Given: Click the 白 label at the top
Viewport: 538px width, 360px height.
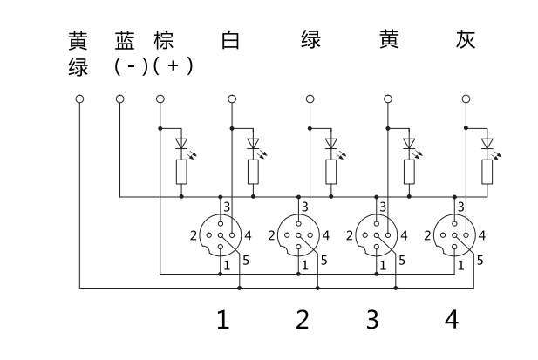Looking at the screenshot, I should click(230, 40).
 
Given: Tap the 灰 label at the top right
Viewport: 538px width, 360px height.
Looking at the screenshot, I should click(466, 40).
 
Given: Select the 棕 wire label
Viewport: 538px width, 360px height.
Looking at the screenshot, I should click(162, 40).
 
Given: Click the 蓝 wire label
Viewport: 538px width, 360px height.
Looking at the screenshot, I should click(125, 40).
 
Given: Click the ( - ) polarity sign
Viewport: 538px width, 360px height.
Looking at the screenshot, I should click(131, 66).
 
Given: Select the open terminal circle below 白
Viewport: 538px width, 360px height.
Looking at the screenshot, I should click(231, 99).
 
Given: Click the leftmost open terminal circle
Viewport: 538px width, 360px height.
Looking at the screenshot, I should click(80, 99).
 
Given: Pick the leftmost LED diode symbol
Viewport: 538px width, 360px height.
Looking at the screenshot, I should click(181, 143).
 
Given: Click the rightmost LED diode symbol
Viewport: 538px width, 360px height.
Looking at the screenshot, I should click(487, 143).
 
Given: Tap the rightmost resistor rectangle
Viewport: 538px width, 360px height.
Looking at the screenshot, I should click(487, 173).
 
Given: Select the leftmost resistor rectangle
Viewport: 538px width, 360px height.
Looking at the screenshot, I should click(181, 173).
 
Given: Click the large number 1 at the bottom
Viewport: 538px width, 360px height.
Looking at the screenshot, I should click(223, 320).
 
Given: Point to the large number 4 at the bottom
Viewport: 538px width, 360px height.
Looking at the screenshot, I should click(451, 320).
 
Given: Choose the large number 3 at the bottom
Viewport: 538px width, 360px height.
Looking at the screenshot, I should click(372, 320).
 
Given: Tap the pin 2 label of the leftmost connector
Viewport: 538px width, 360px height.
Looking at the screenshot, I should click(193, 234).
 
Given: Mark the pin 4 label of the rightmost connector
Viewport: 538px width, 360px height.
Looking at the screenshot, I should click(482, 234).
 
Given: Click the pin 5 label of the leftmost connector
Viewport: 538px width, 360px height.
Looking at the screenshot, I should click(246, 260).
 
